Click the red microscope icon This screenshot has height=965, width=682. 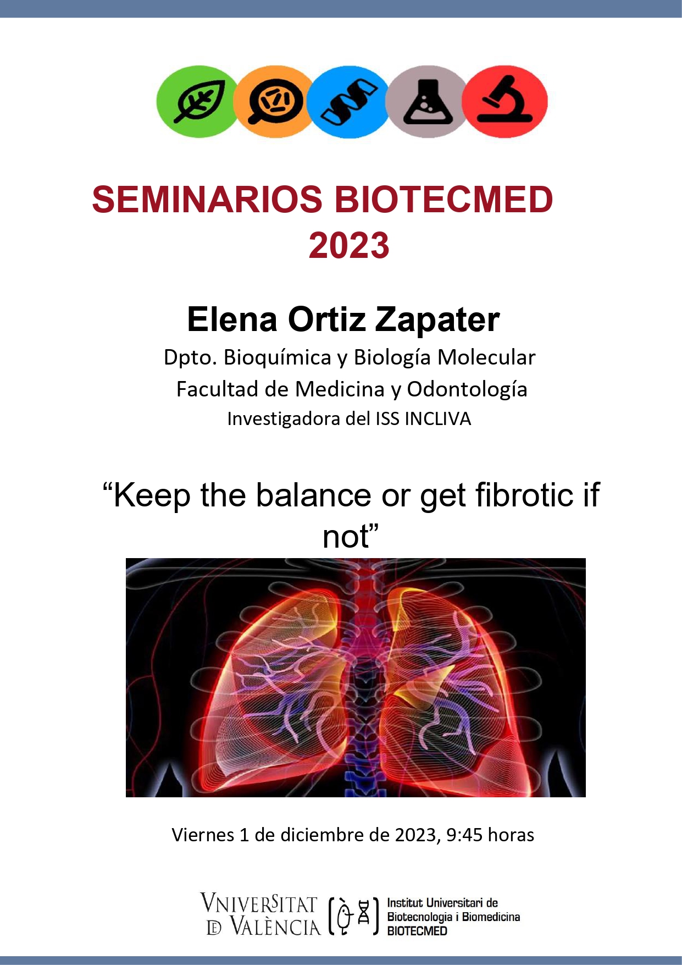tap(504, 101)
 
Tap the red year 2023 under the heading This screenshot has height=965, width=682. tap(349, 245)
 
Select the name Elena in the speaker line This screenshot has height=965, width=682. tap(232, 319)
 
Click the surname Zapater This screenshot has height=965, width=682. tap(437, 320)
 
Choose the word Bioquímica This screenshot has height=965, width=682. tap(278, 358)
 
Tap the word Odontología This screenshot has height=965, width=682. tap(467, 390)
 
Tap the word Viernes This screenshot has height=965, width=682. tap(203, 835)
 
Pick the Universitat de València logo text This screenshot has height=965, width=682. tap(260, 914)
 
